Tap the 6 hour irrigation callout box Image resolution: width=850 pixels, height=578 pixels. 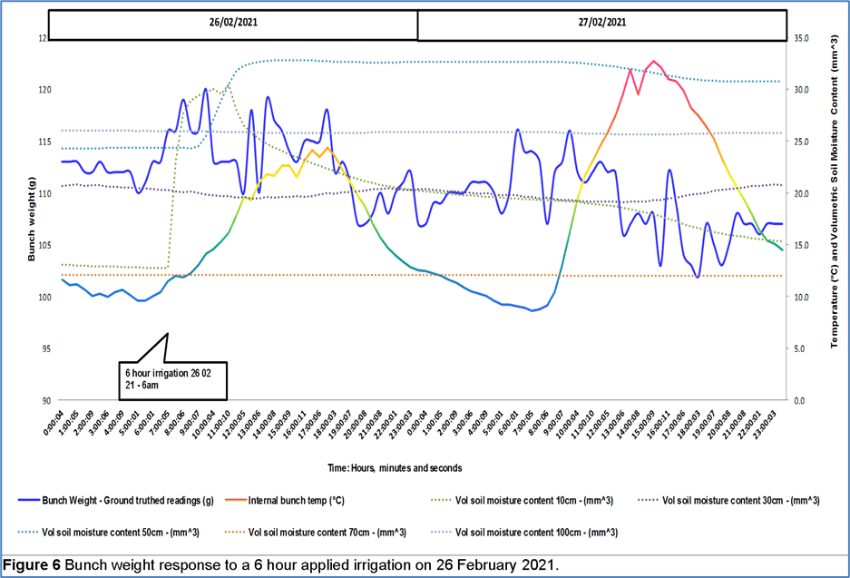point(170,378)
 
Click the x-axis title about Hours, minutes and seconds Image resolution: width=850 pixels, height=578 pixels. point(396,468)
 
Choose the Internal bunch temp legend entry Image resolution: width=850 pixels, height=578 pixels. point(299,500)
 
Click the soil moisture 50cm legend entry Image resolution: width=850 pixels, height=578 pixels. point(122,532)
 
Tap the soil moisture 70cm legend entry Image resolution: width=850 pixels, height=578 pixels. point(327,532)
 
